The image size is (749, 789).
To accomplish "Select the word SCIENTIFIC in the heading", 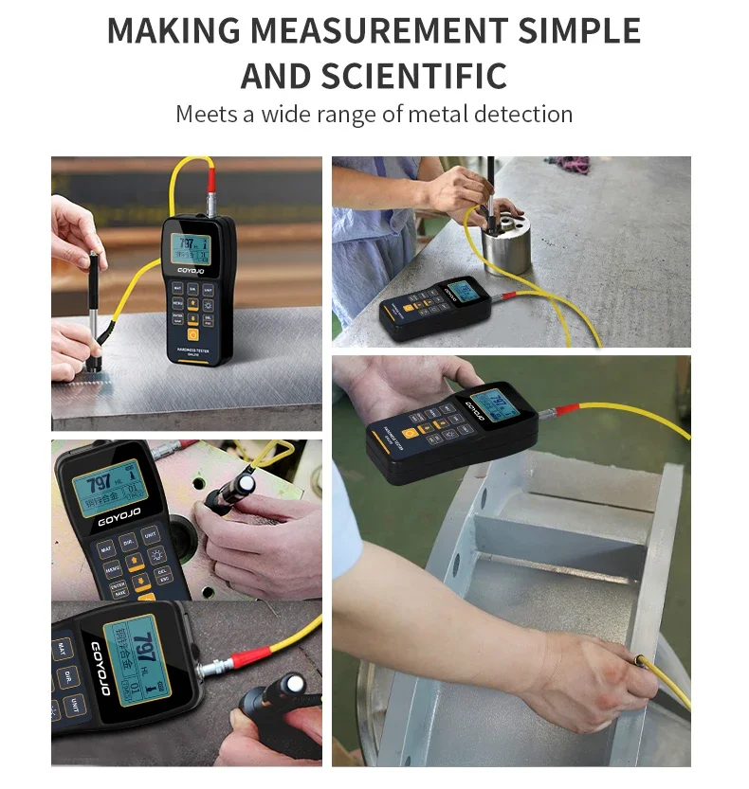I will (x=413, y=75).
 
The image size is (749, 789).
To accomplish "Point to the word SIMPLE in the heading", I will (x=581, y=30).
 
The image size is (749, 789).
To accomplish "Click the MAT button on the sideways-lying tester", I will (x=64, y=650).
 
